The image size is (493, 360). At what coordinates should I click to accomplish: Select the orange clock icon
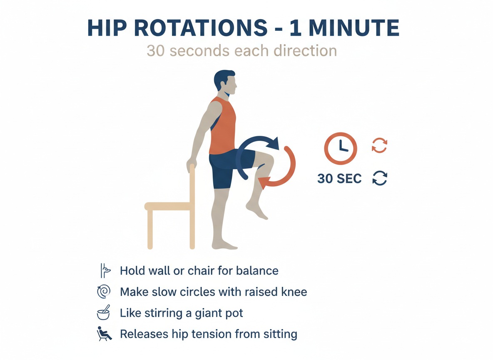click(341, 149)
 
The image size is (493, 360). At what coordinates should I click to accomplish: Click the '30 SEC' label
click(339, 178)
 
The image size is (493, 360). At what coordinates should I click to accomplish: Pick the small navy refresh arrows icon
click(379, 178)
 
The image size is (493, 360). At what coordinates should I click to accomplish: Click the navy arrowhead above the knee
click(273, 144)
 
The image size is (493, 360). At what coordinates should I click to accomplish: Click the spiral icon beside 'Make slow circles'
click(103, 292)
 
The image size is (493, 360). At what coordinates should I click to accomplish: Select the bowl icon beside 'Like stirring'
click(103, 313)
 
